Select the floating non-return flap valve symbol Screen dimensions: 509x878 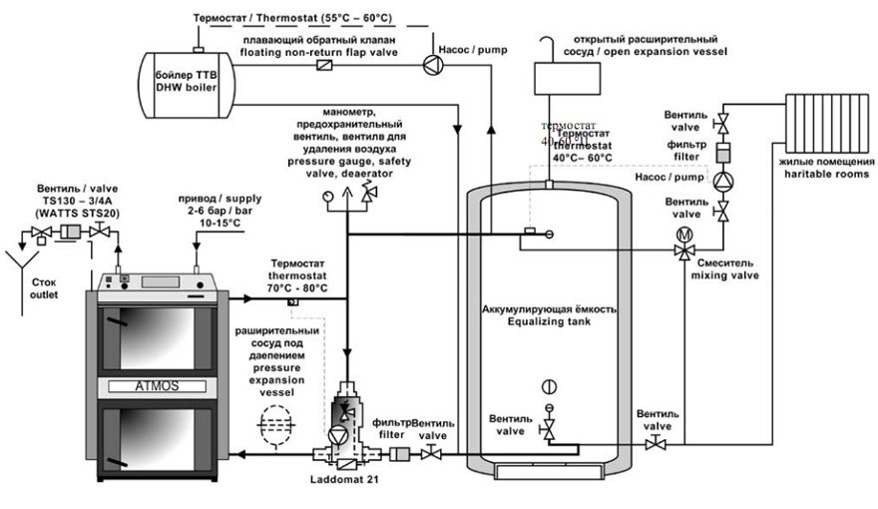pos(324,65)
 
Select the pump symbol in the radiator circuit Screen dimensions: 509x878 pos(720,179)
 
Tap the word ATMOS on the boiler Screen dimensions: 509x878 pos(160,384)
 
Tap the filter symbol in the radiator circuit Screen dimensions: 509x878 pos(720,152)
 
